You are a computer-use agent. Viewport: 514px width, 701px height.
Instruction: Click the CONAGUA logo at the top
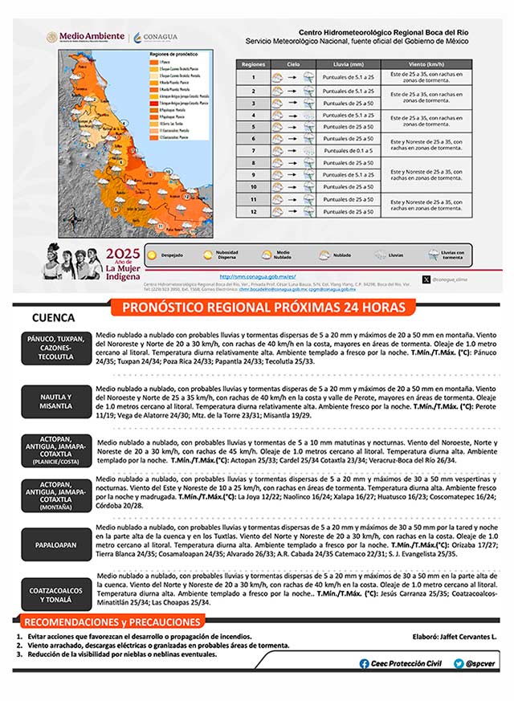(x=157, y=37)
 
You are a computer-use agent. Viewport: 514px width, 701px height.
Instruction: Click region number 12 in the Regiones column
(x=253, y=212)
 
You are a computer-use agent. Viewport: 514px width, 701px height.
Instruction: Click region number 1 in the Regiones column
(x=253, y=78)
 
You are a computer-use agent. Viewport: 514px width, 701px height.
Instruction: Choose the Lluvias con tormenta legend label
(x=453, y=255)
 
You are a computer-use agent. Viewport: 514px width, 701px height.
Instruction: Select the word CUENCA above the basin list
(x=53, y=318)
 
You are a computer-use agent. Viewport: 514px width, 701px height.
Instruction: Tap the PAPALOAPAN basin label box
(x=55, y=545)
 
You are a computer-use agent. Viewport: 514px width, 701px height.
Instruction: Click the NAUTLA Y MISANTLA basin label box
(x=55, y=401)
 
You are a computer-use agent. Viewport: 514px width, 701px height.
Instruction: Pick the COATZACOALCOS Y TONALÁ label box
(x=55, y=595)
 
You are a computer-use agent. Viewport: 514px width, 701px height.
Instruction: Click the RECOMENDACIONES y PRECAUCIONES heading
(x=111, y=622)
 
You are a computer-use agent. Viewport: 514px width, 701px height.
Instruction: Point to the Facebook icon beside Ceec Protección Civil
(x=364, y=663)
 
